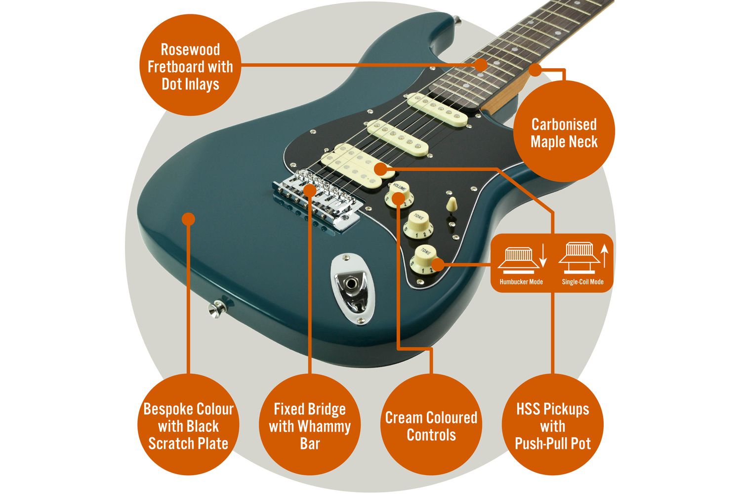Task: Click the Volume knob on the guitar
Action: (399, 194)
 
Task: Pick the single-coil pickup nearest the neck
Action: (437, 110)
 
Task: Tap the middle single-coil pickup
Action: (397, 136)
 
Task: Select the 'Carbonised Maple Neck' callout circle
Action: (564, 132)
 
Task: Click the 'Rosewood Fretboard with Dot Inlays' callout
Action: (190, 67)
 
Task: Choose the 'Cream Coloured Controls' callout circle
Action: (431, 425)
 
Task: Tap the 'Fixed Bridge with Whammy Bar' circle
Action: (310, 425)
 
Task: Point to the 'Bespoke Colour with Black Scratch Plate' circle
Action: (188, 425)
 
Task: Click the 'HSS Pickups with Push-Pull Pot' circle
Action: (553, 425)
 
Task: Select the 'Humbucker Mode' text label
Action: (521, 282)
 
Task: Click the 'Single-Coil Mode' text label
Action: (582, 282)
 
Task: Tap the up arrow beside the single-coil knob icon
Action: (604, 257)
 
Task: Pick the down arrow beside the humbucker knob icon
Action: (542, 257)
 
